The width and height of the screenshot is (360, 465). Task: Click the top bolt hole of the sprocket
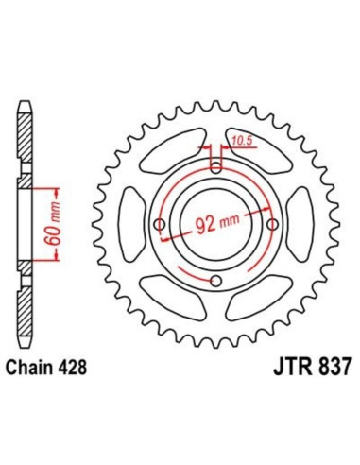[x=216, y=167]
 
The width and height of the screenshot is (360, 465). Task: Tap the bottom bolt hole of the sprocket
[x=216, y=283]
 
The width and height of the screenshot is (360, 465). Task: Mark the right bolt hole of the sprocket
[x=274, y=225]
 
